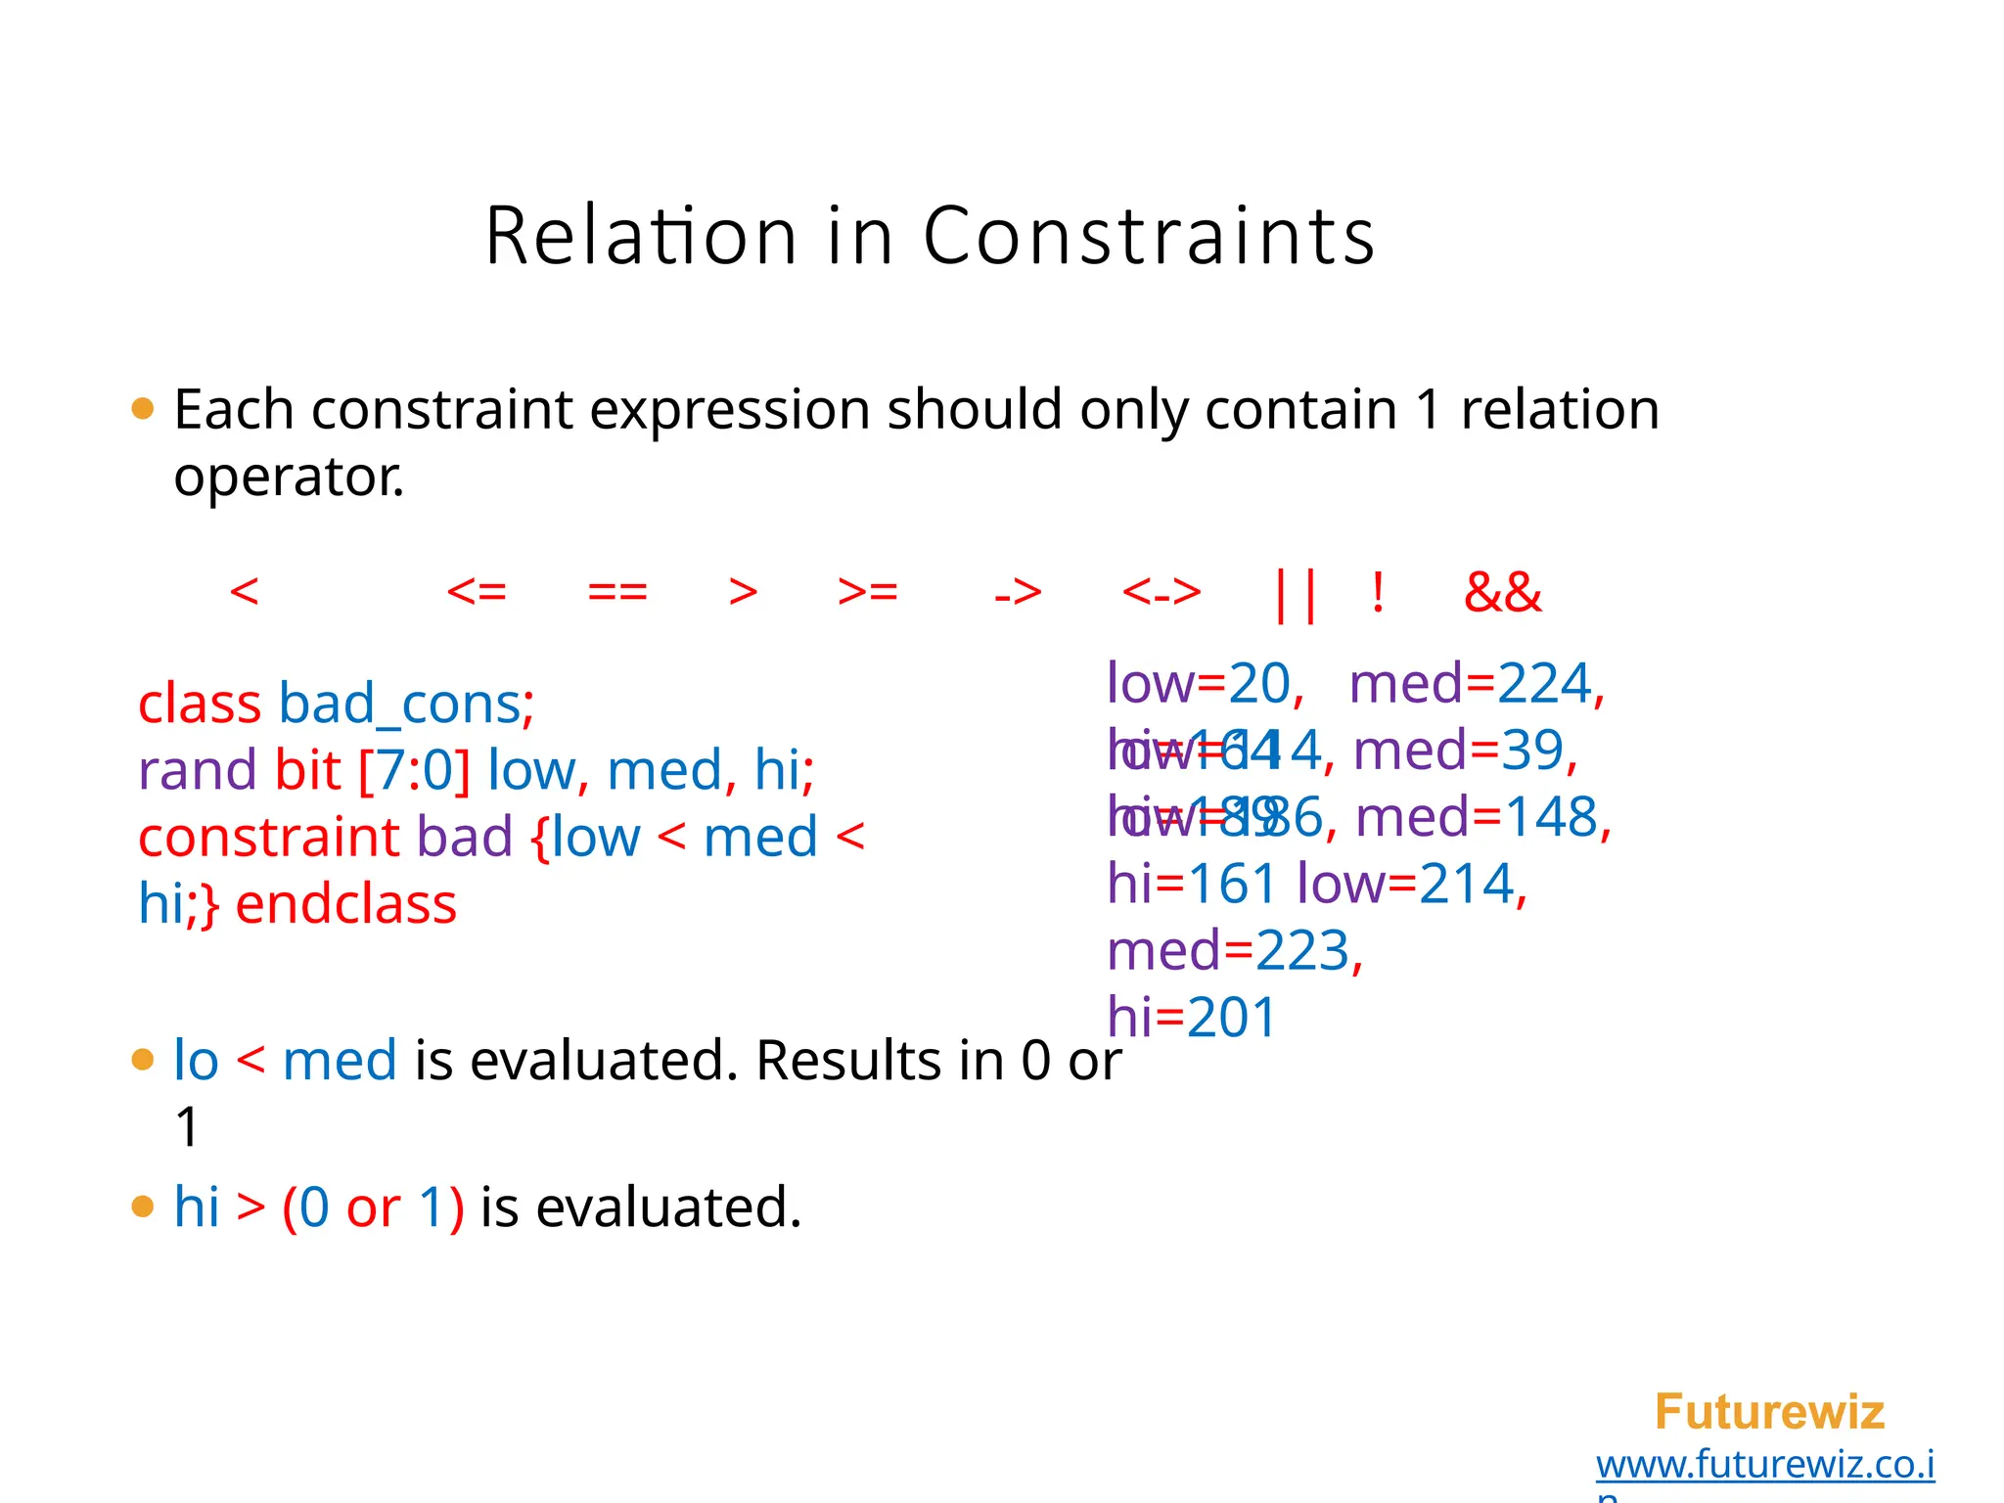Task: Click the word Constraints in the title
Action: click(1149, 236)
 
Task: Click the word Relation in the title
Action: click(641, 236)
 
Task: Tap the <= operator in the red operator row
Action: click(477, 592)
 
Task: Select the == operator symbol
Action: click(617, 592)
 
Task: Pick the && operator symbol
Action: click(1502, 593)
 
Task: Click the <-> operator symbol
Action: click(1161, 592)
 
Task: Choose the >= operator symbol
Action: click(868, 592)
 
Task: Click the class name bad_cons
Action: click(399, 705)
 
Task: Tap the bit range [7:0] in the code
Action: click(415, 771)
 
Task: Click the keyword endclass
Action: click(346, 904)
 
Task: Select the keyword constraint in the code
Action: click(269, 838)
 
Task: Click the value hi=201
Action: click(1192, 1018)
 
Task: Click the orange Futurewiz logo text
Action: click(1769, 1412)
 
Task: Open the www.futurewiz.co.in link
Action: click(1764, 1465)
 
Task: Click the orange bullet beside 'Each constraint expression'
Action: click(143, 409)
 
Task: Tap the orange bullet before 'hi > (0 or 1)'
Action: click(143, 1207)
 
